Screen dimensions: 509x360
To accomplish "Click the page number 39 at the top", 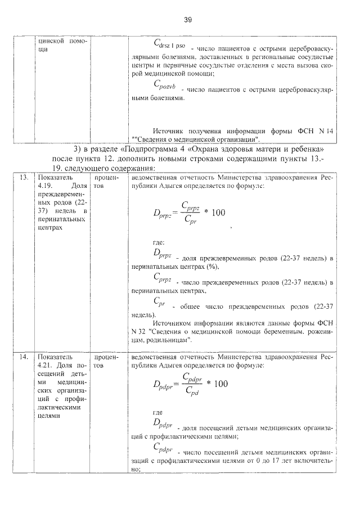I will (x=188, y=20).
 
